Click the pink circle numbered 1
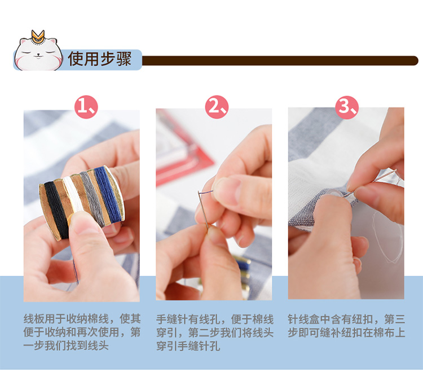pyautogui.click(x=86, y=107)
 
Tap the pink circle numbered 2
pyautogui.click(x=217, y=107)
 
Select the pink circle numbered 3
pyautogui.click(x=347, y=107)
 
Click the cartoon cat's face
pyautogui.click(x=38, y=55)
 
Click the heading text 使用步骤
pyautogui.click(x=100, y=59)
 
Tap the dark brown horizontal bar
pyautogui.click(x=280, y=60)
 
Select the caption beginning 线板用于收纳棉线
pyautogui.click(x=82, y=332)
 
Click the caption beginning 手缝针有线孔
pyautogui.click(x=215, y=333)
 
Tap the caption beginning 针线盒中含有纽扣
pyautogui.click(x=346, y=326)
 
